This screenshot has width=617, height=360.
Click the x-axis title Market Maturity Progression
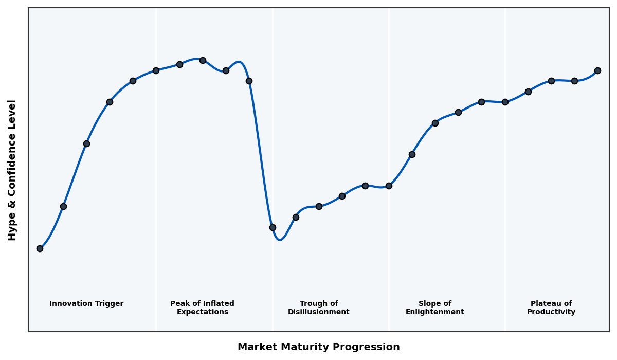318,347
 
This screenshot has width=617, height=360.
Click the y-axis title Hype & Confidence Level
12,170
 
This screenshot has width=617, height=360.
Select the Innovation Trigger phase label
86,304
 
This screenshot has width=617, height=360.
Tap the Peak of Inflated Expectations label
202,308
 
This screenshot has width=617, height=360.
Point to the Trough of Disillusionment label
318,308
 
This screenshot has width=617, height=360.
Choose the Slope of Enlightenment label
434,308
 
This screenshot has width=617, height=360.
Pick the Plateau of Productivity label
551,308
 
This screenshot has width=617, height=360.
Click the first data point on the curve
40,248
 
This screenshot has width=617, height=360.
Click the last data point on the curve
597,70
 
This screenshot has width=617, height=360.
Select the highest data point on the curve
203,60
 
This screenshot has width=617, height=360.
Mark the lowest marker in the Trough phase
273,227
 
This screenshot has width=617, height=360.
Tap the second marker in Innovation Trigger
63,206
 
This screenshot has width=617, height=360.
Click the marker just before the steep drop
249,81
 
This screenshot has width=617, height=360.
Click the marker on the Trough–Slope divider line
389,186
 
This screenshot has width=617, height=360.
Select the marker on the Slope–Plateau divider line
505,102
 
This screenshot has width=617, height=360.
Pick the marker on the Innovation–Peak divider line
156,70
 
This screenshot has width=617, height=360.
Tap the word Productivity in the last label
551,312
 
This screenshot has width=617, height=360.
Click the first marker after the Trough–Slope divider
412,154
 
